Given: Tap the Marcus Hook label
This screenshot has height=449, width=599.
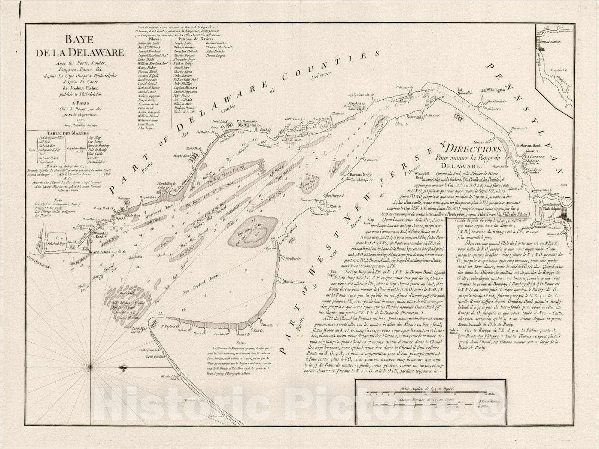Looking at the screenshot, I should (x=531, y=145).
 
